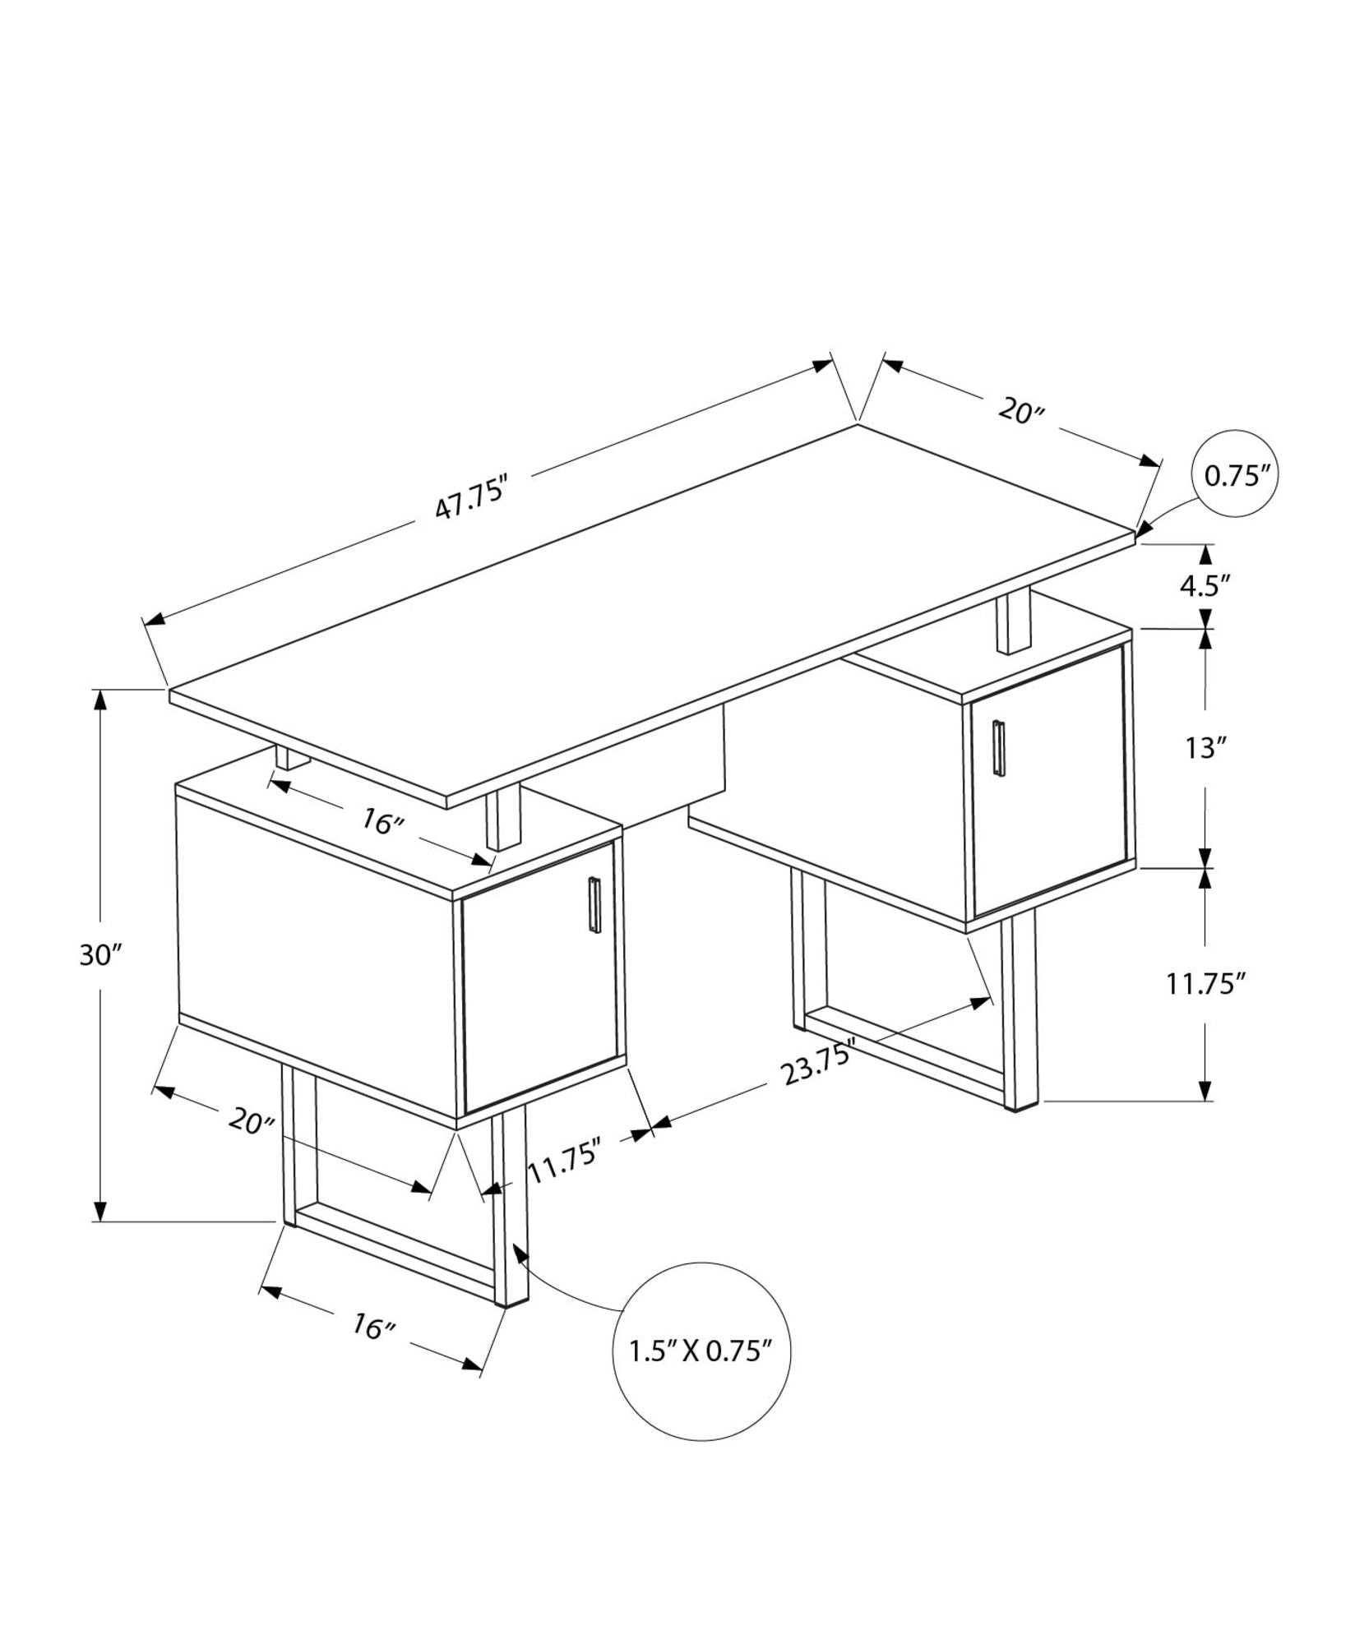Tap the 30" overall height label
coord(101,955)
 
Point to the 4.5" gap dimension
coord(1205,585)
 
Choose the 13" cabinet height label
coord(1205,748)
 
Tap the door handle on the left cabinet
coord(594,906)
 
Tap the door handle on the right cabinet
coord(998,747)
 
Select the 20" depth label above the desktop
coord(1020,410)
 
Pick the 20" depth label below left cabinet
coord(251,1120)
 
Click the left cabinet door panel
coord(539,978)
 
